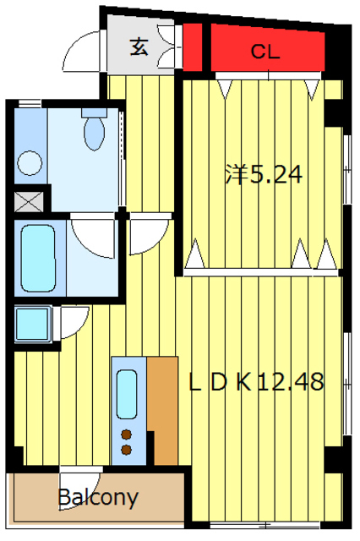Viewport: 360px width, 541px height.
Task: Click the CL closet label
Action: pyautogui.click(x=265, y=52)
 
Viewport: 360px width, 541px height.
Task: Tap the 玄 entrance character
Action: pyautogui.click(x=139, y=47)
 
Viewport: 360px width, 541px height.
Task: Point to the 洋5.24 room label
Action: pyautogui.click(x=264, y=174)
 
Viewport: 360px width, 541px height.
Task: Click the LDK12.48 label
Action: pyautogui.click(x=257, y=381)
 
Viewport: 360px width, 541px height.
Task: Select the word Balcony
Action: pyautogui.click(x=98, y=498)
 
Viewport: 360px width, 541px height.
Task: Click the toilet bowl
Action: pyautogui.click(x=94, y=134)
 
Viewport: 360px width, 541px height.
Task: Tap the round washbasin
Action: pyautogui.click(x=30, y=163)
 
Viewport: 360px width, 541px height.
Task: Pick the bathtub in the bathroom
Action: pyautogui.click(x=38, y=259)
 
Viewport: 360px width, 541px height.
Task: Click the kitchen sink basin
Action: pyautogui.click(x=127, y=395)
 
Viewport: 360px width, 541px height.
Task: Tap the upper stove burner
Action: pyautogui.click(x=127, y=434)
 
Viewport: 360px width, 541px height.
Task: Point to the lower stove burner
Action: pyautogui.click(x=127, y=450)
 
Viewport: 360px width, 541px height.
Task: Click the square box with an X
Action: pyautogui.click(x=29, y=202)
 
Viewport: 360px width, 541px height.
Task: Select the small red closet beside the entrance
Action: pyautogui.click(x=192, y=47)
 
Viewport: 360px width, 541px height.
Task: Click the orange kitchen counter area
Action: pyautogui.click(x=163, y=411)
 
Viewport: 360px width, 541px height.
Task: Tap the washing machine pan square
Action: pyautogui.click(x=33, y=325)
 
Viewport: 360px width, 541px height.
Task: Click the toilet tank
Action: pyautogui.click(x=94, y=112)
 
